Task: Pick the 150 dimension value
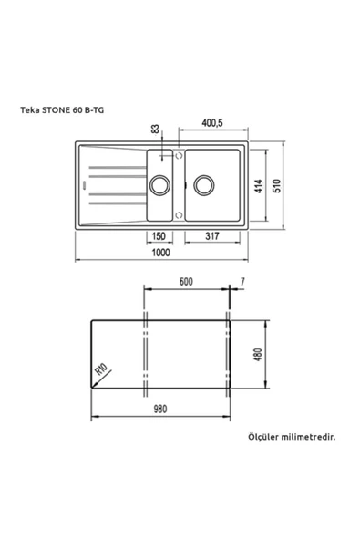pyautogui.click(x=158, y=235)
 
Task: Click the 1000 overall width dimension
pyautogui.click(x=160, y=254)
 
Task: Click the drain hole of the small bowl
pyautogui.click(x=161, y=185)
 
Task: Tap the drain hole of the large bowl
pyautogui.click(x=202, y=185)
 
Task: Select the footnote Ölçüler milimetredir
pyautogui.click(x=292, y=437)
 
